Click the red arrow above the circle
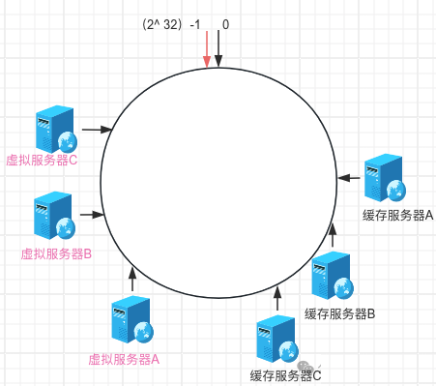tap(207, 49)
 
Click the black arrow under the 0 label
tap(218, 48)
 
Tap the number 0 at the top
tap(225, 24)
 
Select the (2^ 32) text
tap(162, 24)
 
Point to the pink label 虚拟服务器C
tap(42, 160)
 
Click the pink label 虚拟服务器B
tap(56, 253)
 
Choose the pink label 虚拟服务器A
tap(124, 359)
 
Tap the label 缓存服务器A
tap(398, 215)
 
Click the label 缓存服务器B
tap(340, 313)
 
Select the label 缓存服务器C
tap(286, 375)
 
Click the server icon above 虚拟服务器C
tap(56, 129)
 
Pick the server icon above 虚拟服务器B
tap(54, 216)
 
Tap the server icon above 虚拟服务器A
tap(132, 320)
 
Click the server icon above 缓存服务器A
tap(385, 178)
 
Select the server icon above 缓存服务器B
tap(333, 276)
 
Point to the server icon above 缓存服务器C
tap(277, 339)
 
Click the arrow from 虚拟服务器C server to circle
tap(97, 130)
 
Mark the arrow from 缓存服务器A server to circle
tap(349, 178)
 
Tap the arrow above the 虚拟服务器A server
tap(132, 280)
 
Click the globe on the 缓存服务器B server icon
tap(343, 287)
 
